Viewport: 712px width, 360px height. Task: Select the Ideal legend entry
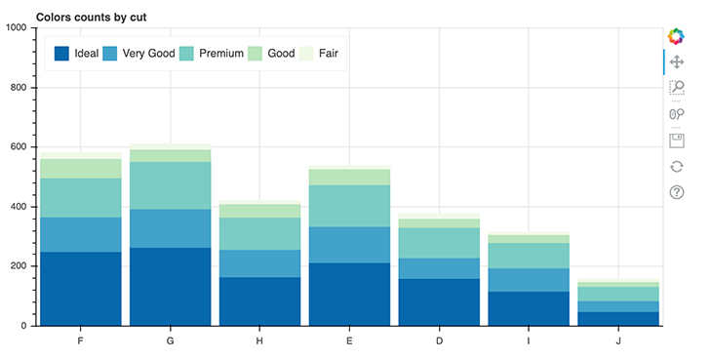pos(76,53)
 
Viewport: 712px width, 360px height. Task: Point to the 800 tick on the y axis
pos(19,88)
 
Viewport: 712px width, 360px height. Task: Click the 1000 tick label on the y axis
pos(16,28)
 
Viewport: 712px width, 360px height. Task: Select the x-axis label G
pos(171,340)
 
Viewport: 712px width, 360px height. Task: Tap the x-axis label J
pos(618,340)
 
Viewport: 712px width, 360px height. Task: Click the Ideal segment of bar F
pos(81,288)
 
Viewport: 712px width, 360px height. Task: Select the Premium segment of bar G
pos(171,185)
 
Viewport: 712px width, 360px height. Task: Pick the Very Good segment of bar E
pos(349,245)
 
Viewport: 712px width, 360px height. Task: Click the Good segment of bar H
pos(260,211)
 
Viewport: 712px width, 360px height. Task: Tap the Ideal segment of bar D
pos(439,301)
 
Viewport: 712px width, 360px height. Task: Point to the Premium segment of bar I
pos(529,256)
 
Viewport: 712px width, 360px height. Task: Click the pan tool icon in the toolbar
pos(677,62)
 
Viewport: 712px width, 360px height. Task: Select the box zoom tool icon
pos(677,88)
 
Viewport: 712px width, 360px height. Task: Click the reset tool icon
pos(677,166)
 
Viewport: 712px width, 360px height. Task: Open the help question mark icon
pos(677,192)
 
